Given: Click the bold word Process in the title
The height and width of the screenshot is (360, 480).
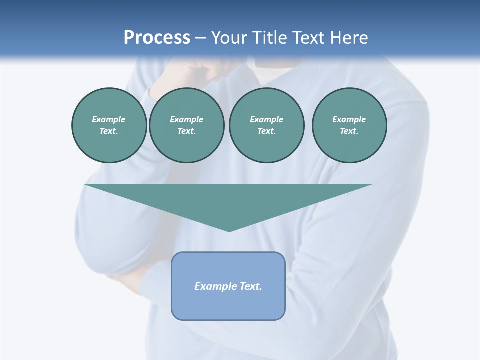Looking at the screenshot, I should (x=157, y=38).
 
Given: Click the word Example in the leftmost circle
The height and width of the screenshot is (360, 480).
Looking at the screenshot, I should (x=109, y=119).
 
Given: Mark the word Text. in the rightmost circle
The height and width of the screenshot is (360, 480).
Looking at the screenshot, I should (x=349, y=131).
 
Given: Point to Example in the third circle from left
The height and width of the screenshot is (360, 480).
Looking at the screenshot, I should (x=266, y=119).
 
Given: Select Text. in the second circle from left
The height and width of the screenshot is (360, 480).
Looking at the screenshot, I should (x=186, y=131).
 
